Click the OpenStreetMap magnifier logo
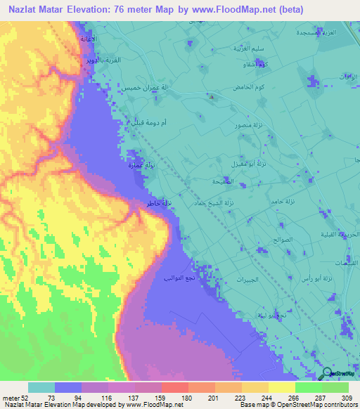(x=328, y=374)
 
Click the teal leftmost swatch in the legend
(x=41, y=387)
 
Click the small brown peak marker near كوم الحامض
(x=212, y=98)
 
